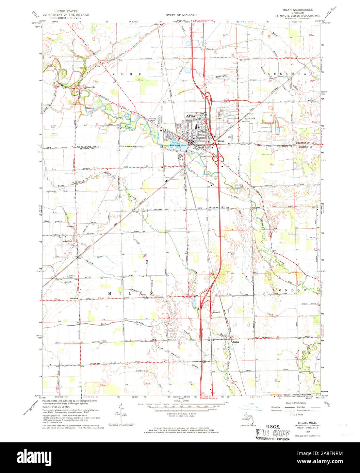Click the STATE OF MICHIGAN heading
coord(181,16)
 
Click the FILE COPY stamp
coord(273,434)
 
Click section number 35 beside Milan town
coord(183,121)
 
